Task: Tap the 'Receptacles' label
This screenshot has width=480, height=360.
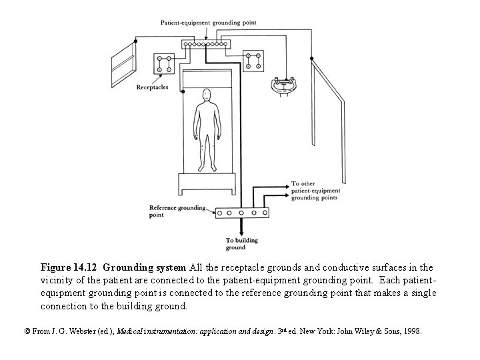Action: [152, 87]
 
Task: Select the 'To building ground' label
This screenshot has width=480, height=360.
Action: [240, 244]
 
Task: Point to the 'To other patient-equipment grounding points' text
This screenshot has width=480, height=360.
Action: [314, 191]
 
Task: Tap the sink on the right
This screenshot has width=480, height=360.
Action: [287, 85]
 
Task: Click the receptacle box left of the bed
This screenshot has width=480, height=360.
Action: [164, 64]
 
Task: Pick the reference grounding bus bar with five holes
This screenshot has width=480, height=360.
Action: [242, 213]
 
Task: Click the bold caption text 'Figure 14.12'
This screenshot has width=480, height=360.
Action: [69, 268]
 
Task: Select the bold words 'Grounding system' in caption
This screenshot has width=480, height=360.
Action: [145, 268]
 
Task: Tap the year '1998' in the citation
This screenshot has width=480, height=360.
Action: [411, 331]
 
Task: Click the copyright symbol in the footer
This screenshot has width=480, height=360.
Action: [27, 331]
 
